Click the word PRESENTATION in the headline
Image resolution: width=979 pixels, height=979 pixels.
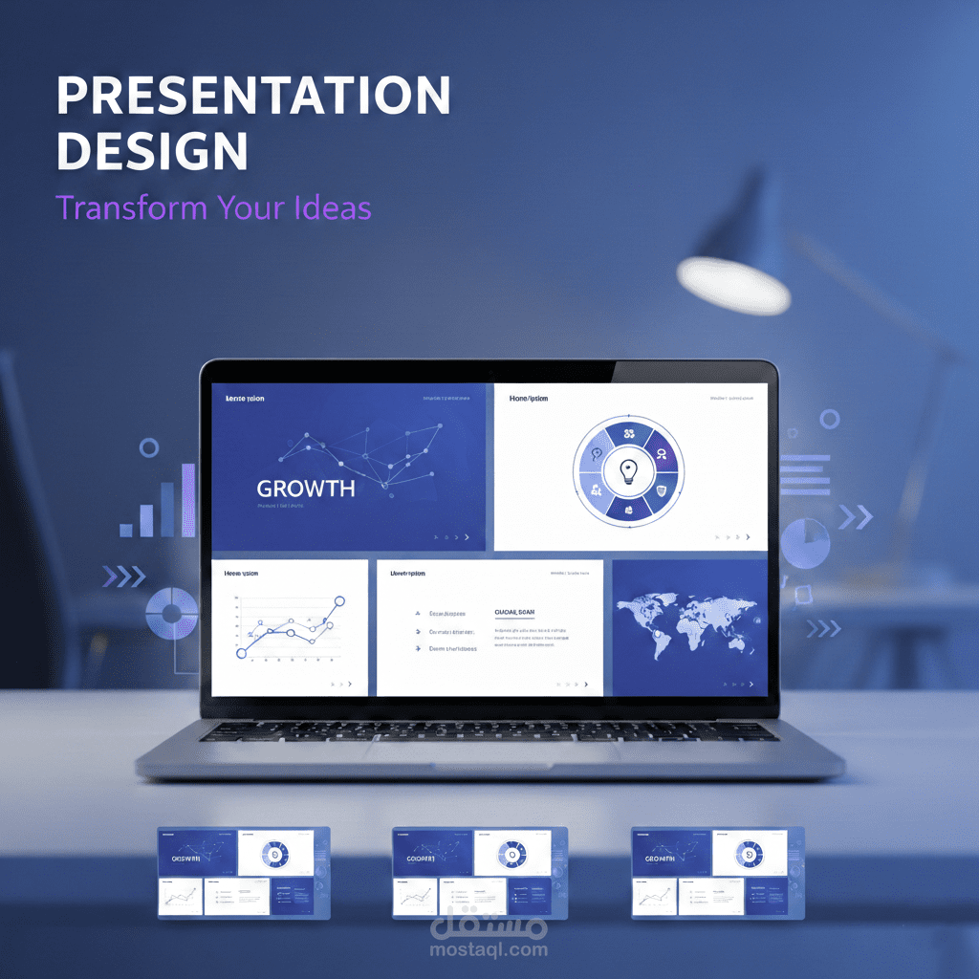pos(252,96)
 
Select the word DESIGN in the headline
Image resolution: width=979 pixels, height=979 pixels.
pos(151,151)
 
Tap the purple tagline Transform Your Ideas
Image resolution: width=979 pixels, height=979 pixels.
pos(212,207)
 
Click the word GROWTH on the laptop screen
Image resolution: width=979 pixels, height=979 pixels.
pos(305,489)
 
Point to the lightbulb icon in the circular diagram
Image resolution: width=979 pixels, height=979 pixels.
pos(628,469)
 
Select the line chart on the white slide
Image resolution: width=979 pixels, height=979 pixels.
pos(289,628)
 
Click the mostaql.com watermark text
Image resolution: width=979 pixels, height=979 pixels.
pos(489,949)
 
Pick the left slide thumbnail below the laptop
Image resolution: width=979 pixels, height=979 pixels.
pos(244,873)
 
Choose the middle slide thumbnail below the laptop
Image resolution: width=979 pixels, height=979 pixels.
pos(480,873)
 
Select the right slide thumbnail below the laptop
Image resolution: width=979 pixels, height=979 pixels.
pos(718,873)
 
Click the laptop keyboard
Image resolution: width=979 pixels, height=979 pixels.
pos(489,731)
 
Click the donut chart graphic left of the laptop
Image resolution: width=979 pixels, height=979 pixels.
pos(171,609)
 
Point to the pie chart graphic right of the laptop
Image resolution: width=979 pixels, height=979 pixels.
pos(805,543)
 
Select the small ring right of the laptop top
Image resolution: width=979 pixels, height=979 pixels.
pos(829,419)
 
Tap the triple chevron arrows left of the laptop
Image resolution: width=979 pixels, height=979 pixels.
pos(123,576)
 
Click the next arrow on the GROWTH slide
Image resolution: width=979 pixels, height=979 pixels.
pos(466,537)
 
